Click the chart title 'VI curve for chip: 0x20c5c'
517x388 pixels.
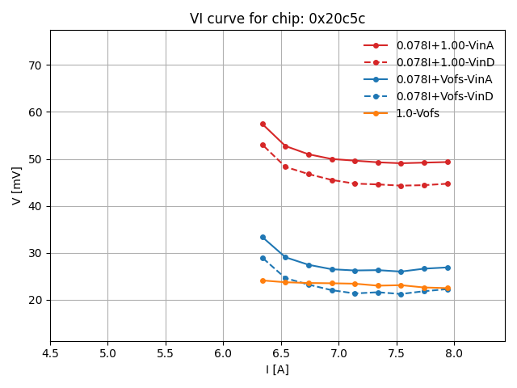click(277, 19)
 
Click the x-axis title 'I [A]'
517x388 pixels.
click(277, 369)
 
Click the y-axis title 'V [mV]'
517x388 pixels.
click(17, 185)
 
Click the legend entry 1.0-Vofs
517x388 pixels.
click(418, 113)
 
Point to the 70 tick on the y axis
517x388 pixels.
click(36, 65)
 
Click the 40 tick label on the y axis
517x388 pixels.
click(36, 206)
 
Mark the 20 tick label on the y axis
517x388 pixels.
click(36, 300)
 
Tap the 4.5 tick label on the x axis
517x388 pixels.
click(50, 353)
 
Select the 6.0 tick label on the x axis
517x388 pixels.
click(223, 353)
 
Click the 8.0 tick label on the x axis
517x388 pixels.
click(453, 353)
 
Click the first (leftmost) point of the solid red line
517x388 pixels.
click(263, 124)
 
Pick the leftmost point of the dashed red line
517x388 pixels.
click(263, 145)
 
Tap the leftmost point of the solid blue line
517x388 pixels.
click(263, 237)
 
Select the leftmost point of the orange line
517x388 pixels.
click(263, 280)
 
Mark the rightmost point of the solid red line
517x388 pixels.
click(448, 162)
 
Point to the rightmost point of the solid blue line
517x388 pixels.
click(448, 268)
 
